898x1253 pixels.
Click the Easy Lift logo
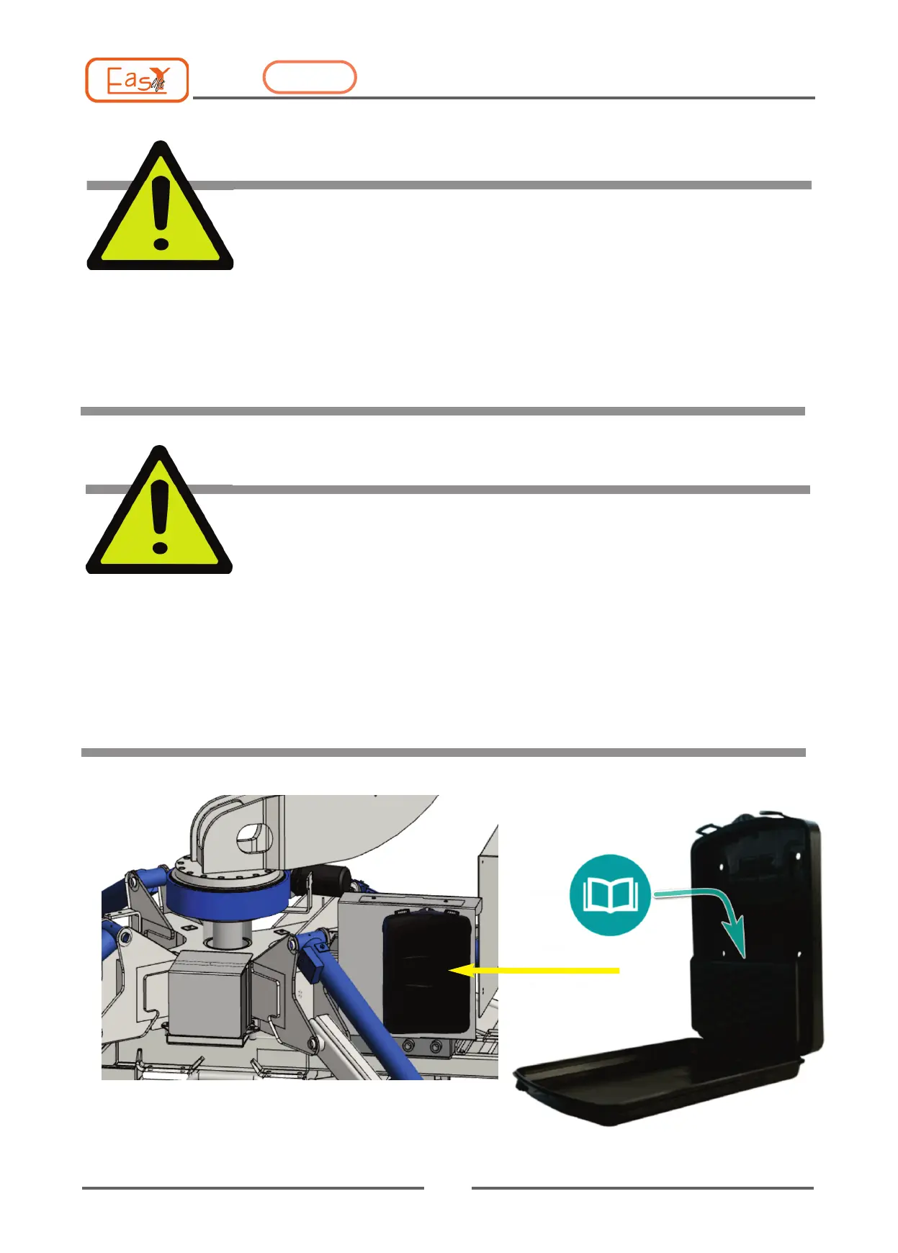pyautogui.click(x=137, y=80)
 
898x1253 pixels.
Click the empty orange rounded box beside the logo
pyautogui.click(x=310, y=78)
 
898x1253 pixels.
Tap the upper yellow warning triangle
pyautogui.click(x=160, y=212)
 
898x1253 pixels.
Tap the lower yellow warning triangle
pyautogui.click(x=159, y=516)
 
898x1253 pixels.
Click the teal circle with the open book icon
pyautogui.click(x=610, y=895)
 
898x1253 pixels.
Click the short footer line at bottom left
pyautogui.click(x=253, y=1188)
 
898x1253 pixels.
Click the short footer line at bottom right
pyautogui.click(x=642, y=1188)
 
